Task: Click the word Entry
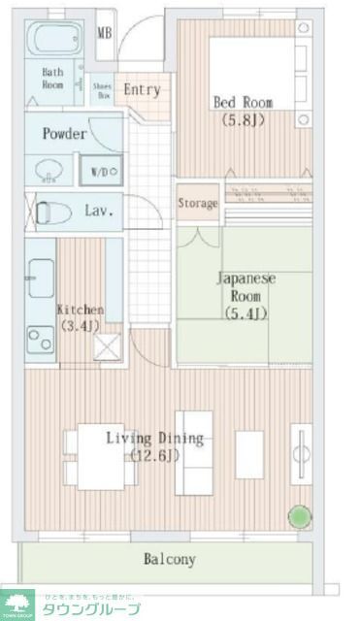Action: pyautogui.click(x=142, y=89)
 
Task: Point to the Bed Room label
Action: pyautogui.click(x=243, y=102)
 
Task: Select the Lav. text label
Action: pyautogui.click(x=99, y=210)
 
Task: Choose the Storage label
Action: pyautogui.click(x=197, y=204)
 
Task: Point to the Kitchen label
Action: pyautogui.click(x=80, y=310)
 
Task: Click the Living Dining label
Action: pyautogui.click(x=155, y=438)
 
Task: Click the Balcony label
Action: pyautogui.click(x=170, y=559)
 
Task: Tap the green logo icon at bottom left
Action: pyautogui.click(x=16, y=603)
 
